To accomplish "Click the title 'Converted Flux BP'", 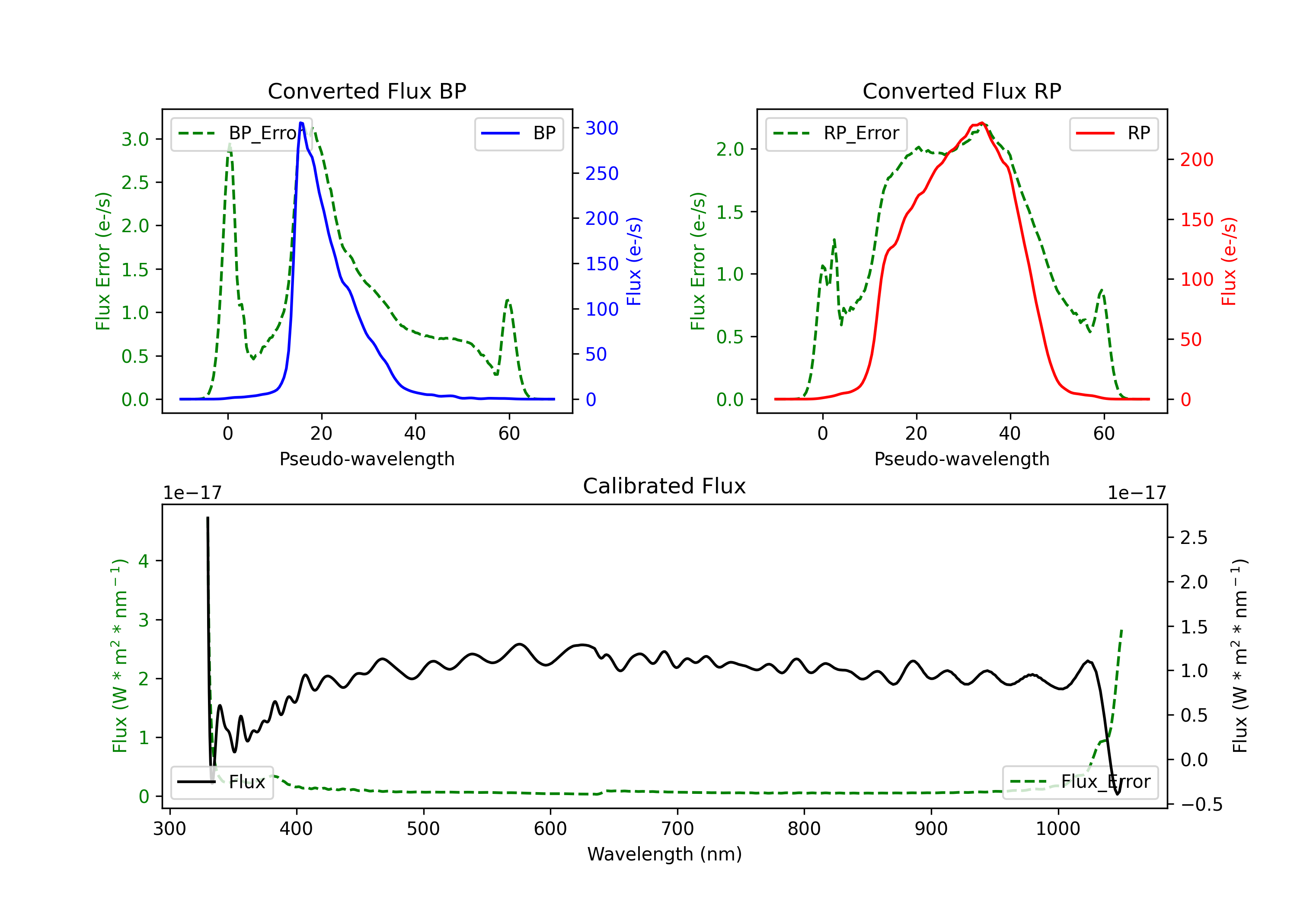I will [367, 91].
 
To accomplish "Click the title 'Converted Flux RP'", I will [962, 91].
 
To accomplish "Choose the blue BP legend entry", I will [518, 133].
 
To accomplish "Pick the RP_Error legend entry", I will [836, 133].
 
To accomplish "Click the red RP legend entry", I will [1113, 133].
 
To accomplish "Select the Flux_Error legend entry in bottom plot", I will [1080, 782].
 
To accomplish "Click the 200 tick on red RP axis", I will [1196, 160].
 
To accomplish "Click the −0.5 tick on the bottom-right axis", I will [1201, 805].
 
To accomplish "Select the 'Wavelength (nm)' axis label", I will [664, 854].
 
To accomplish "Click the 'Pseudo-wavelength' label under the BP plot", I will [367, 459].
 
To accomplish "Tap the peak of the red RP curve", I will [982, 123].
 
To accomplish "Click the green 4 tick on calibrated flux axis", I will [144, 561].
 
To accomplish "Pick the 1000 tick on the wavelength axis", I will [1057, 829].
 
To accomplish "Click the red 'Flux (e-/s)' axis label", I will [1229, 261].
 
